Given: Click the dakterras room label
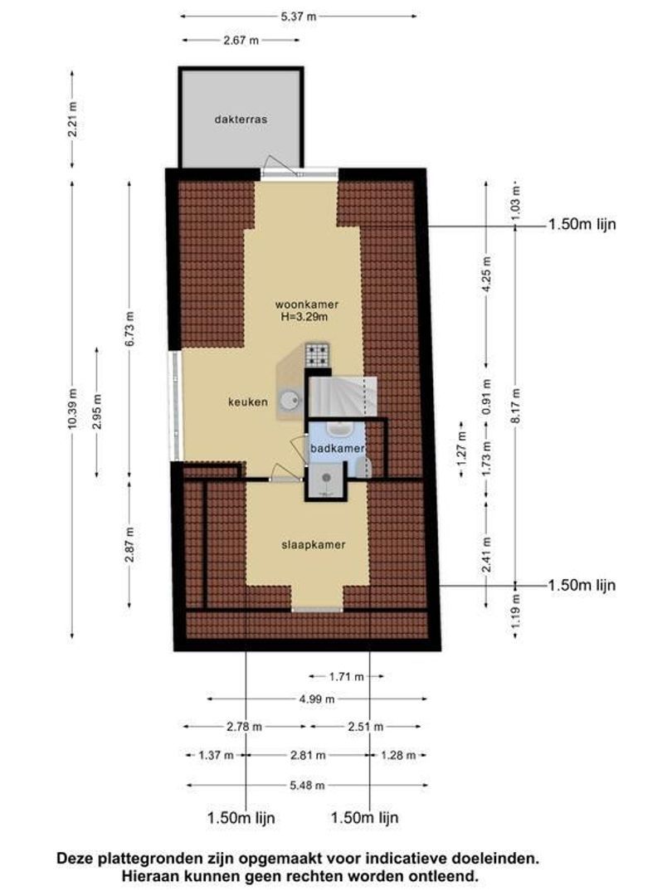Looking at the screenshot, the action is pyautogui.click(x=241, y=119).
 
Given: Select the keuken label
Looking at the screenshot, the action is pyautogui.click(x=248, y=402).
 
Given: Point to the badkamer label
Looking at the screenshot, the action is pyautogui.click(x=337, y=449).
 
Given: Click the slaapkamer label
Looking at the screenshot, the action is pyautogui.click(x=313, y=544).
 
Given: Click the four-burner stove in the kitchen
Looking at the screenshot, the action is pyautogui.click(x=317, y=355).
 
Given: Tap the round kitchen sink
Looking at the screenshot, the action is pyautogui.click(x=291, y=400).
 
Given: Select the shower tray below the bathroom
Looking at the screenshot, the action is pyautogui.click(x=326, y=480).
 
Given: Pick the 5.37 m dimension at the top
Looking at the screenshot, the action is pyautogui.click(x=299, y=17).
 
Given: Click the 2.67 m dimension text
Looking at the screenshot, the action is pyautogui.click(x=241, y=40).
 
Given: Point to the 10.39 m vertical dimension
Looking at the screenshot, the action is pyautogui.click(x=72, y=408).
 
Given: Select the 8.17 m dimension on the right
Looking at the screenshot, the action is pyautogui.click(x=516, y=406).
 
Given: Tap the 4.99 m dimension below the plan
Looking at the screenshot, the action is pyautogui.click(x=317, y=699).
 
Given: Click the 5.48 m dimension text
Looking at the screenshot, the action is pyautogui.click(x=307, y=785).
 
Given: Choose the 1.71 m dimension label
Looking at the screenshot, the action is pyautogui.click(x=346, y=677).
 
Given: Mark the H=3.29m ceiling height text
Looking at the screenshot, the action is pyautogui.click(x=304, y=317).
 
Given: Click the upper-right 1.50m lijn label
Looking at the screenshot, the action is pyautogui.click(x=582, y=224).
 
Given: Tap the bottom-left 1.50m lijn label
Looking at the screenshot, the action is pyautogui.click(x=241, y=818).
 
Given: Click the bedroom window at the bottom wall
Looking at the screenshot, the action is pyautogui.click(x=317, y=610).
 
